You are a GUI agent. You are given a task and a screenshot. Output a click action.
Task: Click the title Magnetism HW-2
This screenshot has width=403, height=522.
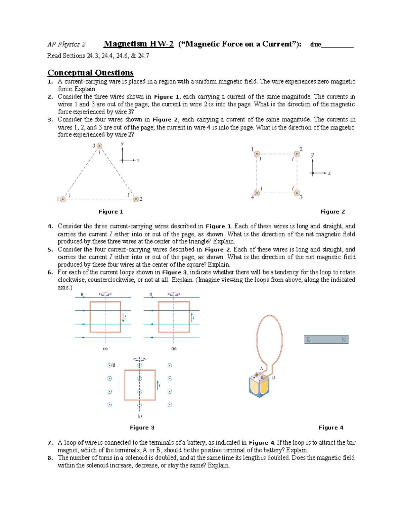pos(138,44)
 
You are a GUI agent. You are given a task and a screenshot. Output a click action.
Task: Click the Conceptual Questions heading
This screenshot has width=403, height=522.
pos(90,73)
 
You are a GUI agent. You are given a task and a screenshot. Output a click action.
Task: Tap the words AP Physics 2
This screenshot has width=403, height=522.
pos(66,44)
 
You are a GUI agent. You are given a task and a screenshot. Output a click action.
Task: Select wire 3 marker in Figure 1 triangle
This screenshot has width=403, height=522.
pos(99,146)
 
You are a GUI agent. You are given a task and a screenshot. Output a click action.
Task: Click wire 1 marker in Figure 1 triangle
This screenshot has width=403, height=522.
pos(63,199)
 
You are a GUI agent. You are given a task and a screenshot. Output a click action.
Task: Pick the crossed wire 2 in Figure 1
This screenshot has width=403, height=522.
pos(136,199)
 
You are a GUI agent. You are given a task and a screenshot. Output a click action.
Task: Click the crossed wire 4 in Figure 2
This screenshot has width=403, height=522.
pos(257,193)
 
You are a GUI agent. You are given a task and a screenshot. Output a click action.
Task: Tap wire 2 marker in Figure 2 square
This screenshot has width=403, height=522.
pos(297,154)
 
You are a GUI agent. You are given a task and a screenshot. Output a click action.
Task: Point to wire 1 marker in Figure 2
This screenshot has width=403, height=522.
pos(257,154)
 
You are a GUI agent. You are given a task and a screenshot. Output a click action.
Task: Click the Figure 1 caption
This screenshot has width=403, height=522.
pos(110,212)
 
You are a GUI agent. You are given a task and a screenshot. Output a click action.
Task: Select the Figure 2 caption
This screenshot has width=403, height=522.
pos(332,212)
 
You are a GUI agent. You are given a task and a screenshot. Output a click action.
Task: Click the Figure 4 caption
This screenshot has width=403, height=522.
pos(331,428)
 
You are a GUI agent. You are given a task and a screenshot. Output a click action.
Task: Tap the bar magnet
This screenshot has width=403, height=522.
pos(326,339)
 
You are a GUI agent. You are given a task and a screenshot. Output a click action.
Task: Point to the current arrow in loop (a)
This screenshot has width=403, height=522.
pos(123,318)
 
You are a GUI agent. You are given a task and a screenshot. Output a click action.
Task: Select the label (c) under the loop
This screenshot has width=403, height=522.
pos(140,416)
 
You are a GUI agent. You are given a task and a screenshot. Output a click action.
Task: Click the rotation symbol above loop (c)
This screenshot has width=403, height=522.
pos(140,359)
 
